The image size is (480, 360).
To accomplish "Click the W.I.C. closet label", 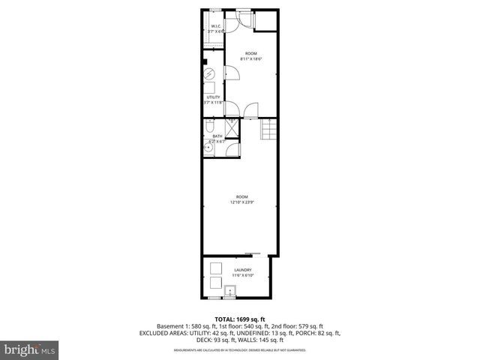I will coord(215,26).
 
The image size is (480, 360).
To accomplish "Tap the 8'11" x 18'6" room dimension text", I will coord(250,58).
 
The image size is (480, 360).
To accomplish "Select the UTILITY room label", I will coord(213,97).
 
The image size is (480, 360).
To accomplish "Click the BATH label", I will coord(217,136).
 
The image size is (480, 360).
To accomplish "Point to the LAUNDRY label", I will coord(242,270).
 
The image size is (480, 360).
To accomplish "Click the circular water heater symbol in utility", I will coord(211,73).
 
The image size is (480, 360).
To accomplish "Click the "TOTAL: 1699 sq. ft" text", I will coord(239,319).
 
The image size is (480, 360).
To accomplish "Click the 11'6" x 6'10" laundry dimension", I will coord(242,275).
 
